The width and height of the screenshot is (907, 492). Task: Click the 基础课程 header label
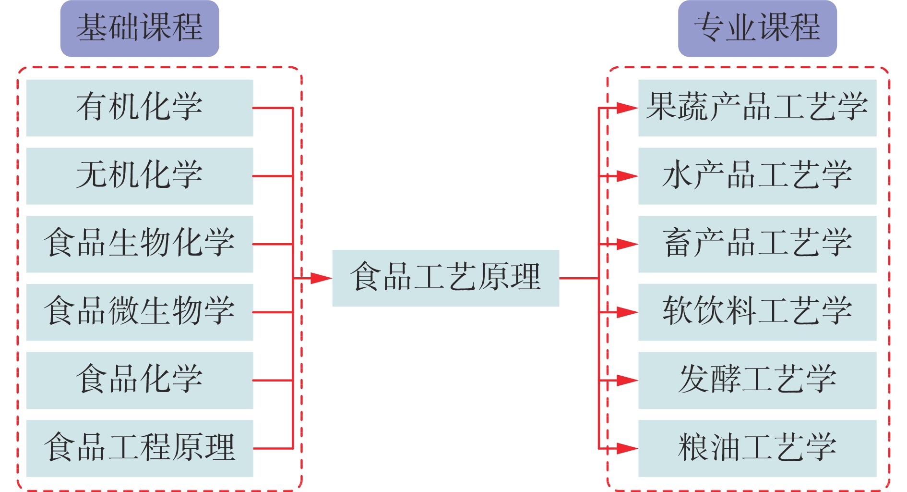coord(140,28)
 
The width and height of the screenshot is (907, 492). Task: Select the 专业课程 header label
coord(757,28)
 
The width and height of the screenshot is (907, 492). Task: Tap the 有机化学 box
coord(140,108)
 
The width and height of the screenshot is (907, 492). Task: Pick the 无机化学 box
coord(140,176)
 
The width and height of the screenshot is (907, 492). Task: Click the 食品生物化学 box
coord(140,244)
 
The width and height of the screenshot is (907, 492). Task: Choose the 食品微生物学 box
coord(140,312)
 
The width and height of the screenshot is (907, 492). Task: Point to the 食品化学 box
coord(140,380)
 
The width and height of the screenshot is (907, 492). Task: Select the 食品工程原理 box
coord(140,448)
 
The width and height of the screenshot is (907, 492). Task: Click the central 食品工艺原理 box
coord(445,278)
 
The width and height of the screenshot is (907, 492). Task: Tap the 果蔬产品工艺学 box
coord(757,108)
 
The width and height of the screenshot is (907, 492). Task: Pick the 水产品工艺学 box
coord(757,176)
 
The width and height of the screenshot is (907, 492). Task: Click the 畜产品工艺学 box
coord(757,244)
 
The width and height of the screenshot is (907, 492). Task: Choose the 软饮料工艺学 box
coord(757,312)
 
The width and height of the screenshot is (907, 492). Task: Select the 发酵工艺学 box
coord(757,380)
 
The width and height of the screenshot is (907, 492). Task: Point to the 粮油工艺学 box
coord(757,448)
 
